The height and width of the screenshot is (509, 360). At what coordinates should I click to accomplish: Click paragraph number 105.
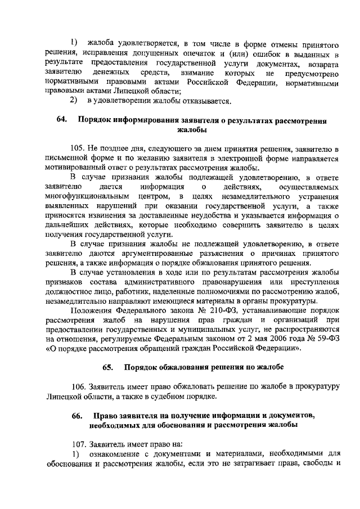click(83, 149)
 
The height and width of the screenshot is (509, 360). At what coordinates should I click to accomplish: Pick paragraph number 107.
click(82, 444)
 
